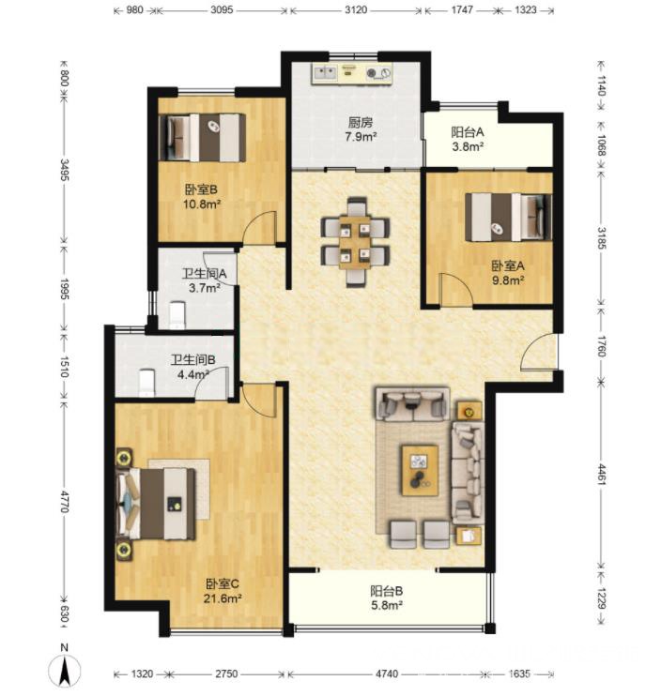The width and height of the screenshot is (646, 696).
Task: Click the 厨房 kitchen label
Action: [361, 122]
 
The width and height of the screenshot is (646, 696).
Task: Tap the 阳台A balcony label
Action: [468, 132]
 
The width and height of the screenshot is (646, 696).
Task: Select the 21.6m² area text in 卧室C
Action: [223, 598]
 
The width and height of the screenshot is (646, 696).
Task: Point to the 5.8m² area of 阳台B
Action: [387, 605]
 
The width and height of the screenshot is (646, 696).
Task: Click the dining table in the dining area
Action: [355, 242]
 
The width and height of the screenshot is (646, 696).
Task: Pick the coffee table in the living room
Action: [420, 471]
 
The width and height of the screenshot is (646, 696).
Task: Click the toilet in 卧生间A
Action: [177, 315]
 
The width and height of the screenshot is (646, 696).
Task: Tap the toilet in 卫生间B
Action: [146, 384]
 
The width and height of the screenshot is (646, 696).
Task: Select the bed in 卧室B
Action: [203, 138]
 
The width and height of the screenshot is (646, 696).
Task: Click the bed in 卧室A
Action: [509, 217]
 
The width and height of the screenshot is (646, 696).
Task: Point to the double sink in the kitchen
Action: [325, 73]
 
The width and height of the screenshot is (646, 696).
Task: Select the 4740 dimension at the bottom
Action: [387, 673]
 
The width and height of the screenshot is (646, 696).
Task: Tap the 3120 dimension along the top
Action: [356, 9]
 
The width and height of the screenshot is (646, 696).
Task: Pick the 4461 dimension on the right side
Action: [602, 474]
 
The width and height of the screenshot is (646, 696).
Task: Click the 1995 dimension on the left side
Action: [65, 289]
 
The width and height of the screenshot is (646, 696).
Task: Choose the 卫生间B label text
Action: [193, 359]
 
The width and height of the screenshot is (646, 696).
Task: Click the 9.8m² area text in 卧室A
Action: [508, 280]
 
